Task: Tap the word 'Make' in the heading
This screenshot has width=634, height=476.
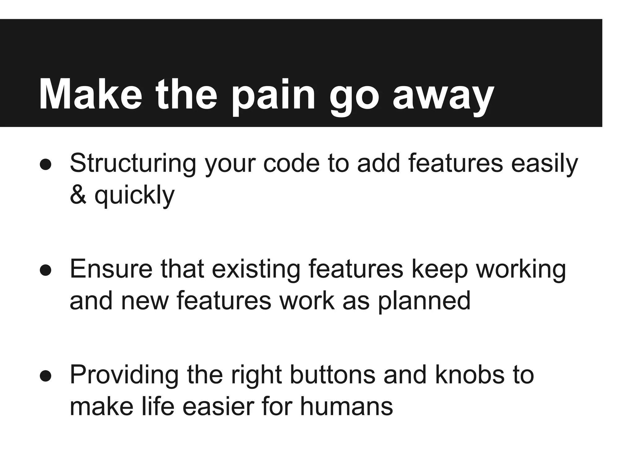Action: (x=90, y=94)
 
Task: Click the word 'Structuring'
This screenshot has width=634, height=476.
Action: (x=133, y=163)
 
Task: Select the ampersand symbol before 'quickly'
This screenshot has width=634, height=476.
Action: (x=78, y=196)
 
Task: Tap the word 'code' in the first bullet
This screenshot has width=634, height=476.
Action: (x=291, y=163)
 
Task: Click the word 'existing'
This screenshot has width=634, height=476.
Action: (x=256, y=269)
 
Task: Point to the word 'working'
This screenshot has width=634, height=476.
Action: (x=521, y=269)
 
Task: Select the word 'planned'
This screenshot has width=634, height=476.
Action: (x=424, y=301)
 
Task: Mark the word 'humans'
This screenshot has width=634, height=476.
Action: (x=346, y=407)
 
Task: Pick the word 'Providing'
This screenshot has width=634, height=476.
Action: (x=124, y=375)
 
